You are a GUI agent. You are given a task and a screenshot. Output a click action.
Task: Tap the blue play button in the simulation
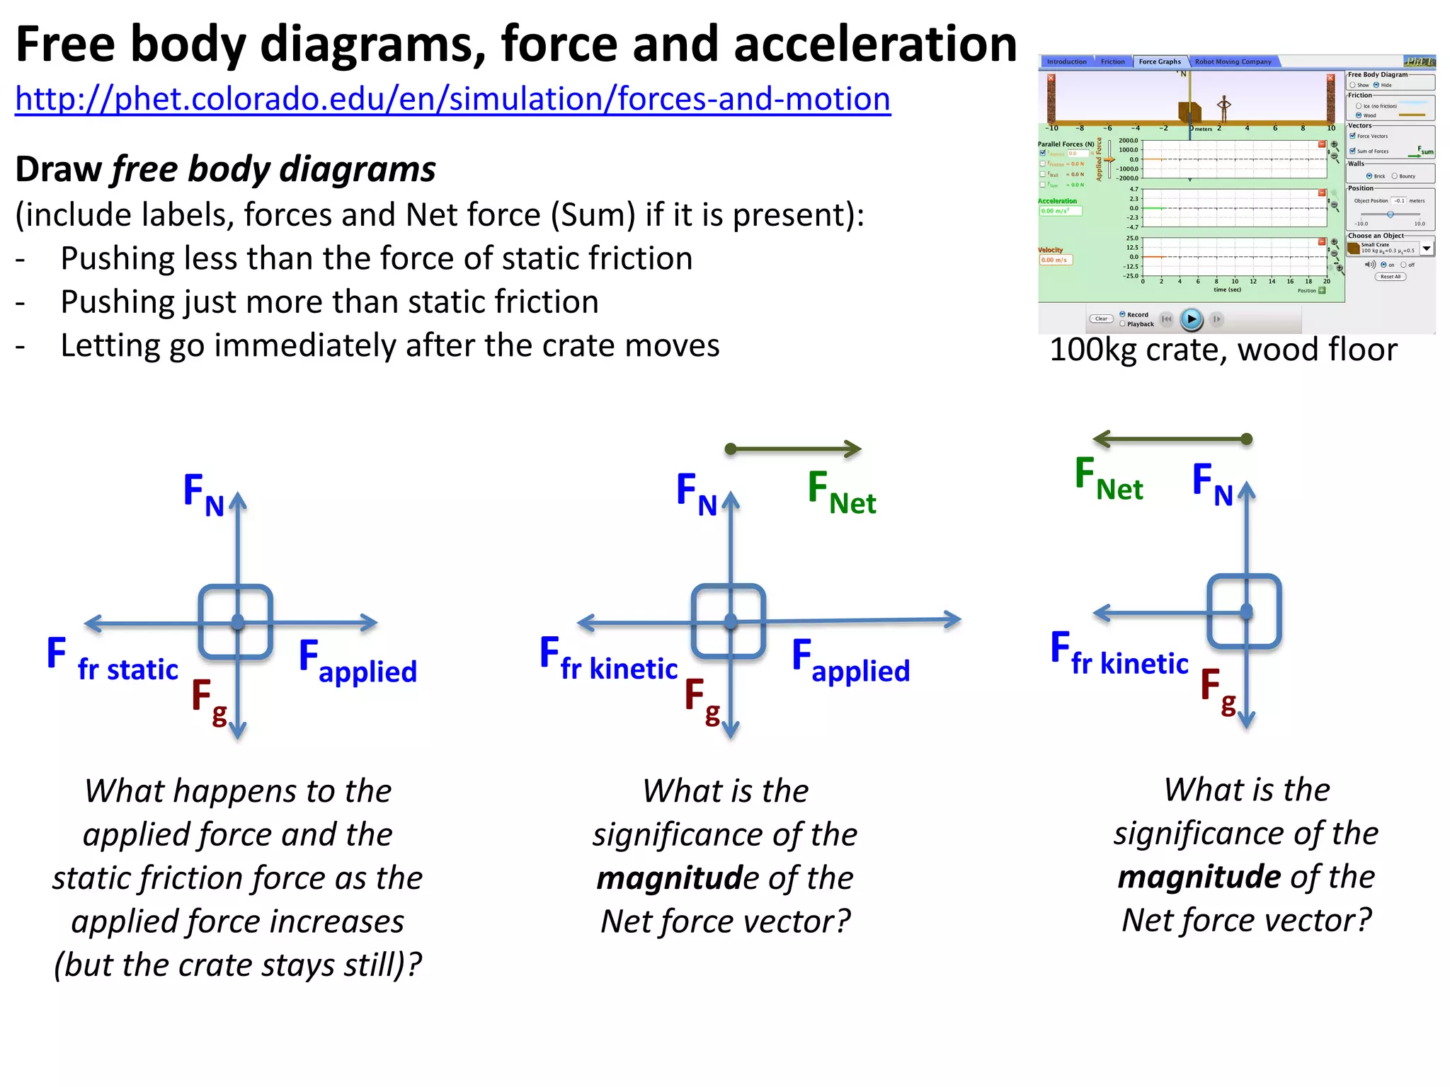(x=1192, y=319)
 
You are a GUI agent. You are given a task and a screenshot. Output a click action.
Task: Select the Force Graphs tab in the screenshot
(x=1159, y=62)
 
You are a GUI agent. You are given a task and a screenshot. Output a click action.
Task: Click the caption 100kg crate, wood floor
(x=1223, y=350)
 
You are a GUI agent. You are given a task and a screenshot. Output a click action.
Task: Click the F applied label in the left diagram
(x=358, y=662)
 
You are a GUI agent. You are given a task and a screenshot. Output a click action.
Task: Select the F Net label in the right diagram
(x=1108, y=479)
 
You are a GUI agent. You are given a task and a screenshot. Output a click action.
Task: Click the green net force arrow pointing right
(x=793, y=449)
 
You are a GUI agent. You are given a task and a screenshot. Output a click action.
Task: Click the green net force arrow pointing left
(x=1172, y=439)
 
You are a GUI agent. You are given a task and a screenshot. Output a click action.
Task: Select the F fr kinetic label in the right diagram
(x=1119, y=655)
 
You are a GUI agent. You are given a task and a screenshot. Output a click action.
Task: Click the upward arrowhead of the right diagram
(x=1246, y=490)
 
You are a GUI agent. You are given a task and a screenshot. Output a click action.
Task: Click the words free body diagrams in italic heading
(x=274, y=170)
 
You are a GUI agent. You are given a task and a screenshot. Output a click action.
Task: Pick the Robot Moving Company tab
(x=1233, y=62)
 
